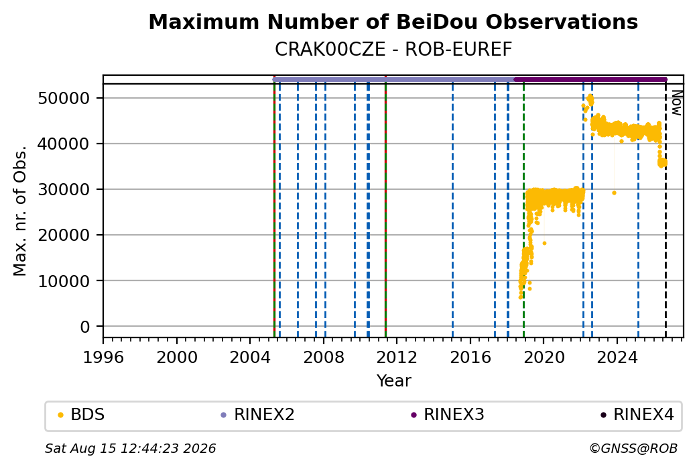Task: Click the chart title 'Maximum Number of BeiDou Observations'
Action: coord(393,21)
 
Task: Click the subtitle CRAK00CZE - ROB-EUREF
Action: coord(393,50)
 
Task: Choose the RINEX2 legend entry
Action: coord(258,415)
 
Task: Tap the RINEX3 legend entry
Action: coord(448,415)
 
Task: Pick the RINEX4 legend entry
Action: coord(637,415)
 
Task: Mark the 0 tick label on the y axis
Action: coord(85,327)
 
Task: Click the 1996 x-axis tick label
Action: coord(104,357)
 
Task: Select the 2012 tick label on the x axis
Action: coord(397,357)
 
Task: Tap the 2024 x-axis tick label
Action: coord(617,357)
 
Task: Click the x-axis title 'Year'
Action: coord(393,381)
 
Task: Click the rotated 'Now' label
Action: coord(676,103)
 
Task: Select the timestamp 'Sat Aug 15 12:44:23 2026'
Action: coord(130,448)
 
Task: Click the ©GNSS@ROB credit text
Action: coord(633,448)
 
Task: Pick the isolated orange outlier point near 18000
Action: coord(544,244)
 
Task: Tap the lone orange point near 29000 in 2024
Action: coord(614,193)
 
